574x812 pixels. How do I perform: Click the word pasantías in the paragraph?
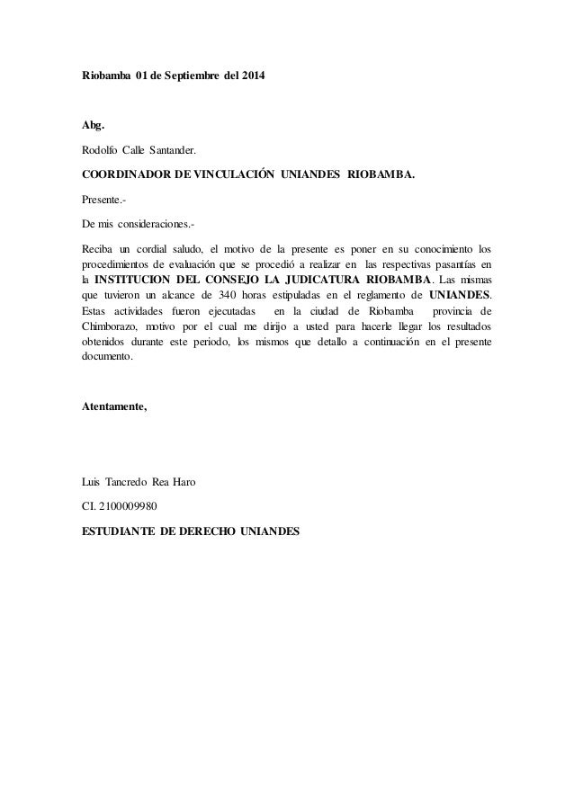444,264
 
